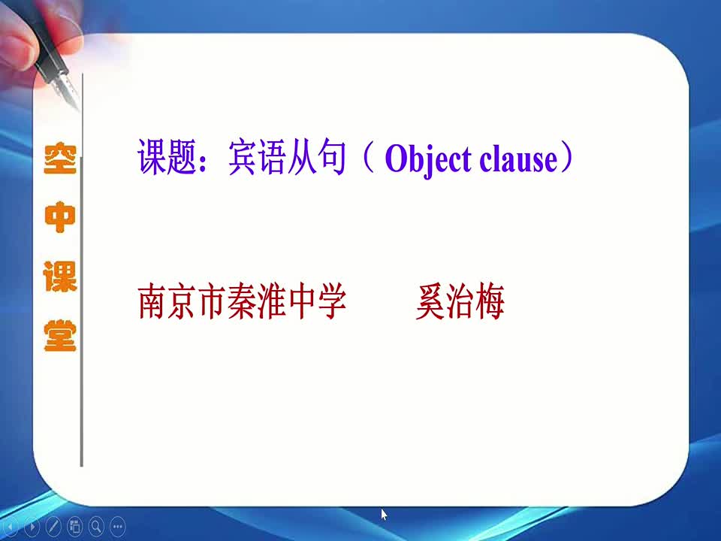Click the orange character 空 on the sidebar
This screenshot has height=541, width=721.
pyautogui.click(x=60, y=158)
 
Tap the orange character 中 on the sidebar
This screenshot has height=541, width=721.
pyautogui.click(x=60, y=217)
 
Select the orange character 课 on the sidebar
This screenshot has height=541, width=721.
pyautogui.click(x=60, y=277)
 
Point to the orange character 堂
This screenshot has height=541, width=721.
pyautogui.click(x=60, y=335)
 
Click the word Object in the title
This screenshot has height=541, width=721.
pyautogui.click(x=428, y=159)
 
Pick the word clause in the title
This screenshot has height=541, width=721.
pyautogui.click(x=518, y=159)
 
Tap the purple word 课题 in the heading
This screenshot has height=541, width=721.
pyautogui.click(x=167, y=157)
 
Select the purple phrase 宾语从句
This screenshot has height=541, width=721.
pyautogui.click(x=287, y=157)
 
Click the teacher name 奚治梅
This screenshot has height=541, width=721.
pyautogui.click(x=460, y=301)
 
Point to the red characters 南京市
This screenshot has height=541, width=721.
pyautogui.click(x=183, y=301)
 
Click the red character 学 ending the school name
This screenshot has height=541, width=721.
pyautogui.click(x=331, y=301)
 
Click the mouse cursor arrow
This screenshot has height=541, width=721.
pyautogui.click(x=384, y=514)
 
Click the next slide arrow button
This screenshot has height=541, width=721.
pyautogui.click(x=32, y=526)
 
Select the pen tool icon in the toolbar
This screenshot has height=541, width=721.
pyautogui.click(x=53, y=526)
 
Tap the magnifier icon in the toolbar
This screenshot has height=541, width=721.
pyautogui.click(x=96, y=526)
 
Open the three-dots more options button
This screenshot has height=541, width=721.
pyautogui.click(x=118, y=526)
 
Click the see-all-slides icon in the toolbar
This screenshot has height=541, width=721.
pyautogui.click(x=75, y=526)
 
